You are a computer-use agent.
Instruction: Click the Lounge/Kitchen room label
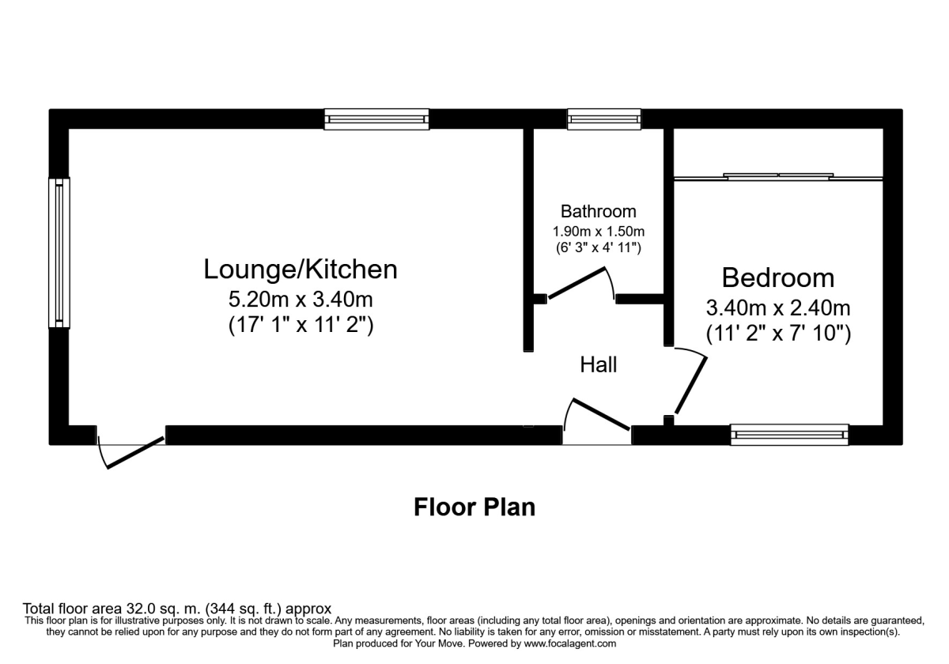[300, 270]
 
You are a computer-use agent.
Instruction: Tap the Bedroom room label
[777, 277]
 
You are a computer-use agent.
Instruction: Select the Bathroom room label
[598, 211]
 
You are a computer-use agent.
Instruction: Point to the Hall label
[598, 364]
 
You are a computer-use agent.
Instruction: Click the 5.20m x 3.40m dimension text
[300, 300]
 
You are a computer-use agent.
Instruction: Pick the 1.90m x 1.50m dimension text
[598, 232]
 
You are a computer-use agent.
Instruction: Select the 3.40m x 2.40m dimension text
[778, 308]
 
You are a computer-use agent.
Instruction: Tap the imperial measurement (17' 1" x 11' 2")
[300, 324]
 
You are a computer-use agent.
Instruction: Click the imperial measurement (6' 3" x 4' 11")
[598, 248]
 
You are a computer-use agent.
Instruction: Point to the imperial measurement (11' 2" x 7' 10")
[778, 334]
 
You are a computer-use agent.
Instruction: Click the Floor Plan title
[475, 507]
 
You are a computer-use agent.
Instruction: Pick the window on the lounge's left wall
[59, 252]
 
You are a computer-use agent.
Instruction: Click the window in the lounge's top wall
[376, 119]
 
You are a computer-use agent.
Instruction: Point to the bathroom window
[604, 119]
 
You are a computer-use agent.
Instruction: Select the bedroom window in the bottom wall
[789, 434]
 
